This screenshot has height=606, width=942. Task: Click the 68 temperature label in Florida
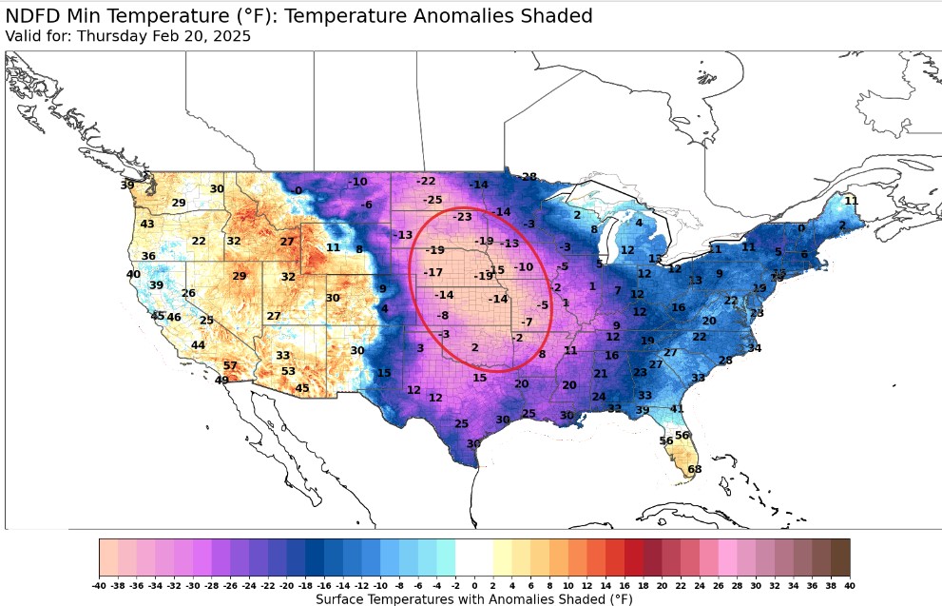pyautogui.click(x=694, y=469)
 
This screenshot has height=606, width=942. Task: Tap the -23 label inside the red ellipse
pyautogui.click(x=462, y=217)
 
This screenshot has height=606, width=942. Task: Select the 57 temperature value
pyautogui.click(x=230, y=365)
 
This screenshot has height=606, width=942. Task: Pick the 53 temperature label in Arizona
pyautogui.click(x=288, y=371)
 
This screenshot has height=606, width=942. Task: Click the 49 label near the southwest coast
pyautogui.click(x=221, y=381)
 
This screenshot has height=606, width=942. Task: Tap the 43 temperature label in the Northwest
pyautogui.click(x=147, y=224)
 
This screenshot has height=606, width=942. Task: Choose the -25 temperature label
pyautogui.click(x=433, y=200)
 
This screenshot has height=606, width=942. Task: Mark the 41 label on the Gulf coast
pyautogui.click(x=677, y=409)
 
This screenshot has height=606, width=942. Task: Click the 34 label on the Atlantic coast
pyautogui.click(x=754, y=348)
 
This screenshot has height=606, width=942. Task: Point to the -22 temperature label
pyautogui.click(x=426, y=181)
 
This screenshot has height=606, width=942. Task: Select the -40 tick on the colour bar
pyautogui.click(x=100, y=585)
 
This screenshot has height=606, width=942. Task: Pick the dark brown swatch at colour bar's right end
pyautogui.click(x=840, y=556)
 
